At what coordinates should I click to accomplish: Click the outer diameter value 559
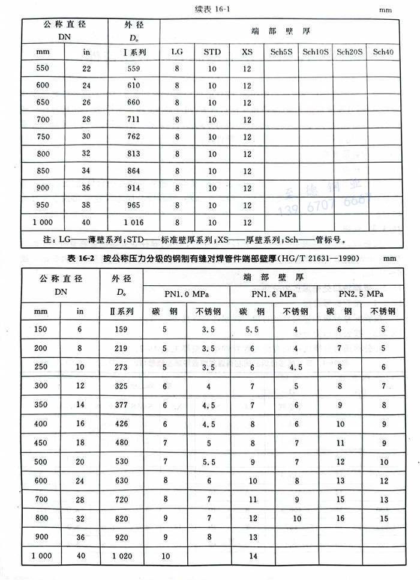(x=133, y=68)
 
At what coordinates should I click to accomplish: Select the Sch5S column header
(x=281, y=52)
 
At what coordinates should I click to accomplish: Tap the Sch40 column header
(x=383, y=52)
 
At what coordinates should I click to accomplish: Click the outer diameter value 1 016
(x=133, y=222)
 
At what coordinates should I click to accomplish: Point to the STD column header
(x=212, y=52)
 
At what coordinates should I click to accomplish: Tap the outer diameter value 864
(x=133, y=171)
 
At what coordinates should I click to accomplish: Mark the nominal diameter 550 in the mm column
(x=43, y=68)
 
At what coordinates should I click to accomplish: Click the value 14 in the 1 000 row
(x=253, y=556)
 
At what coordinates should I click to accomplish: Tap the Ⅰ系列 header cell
(x=133, y=52)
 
